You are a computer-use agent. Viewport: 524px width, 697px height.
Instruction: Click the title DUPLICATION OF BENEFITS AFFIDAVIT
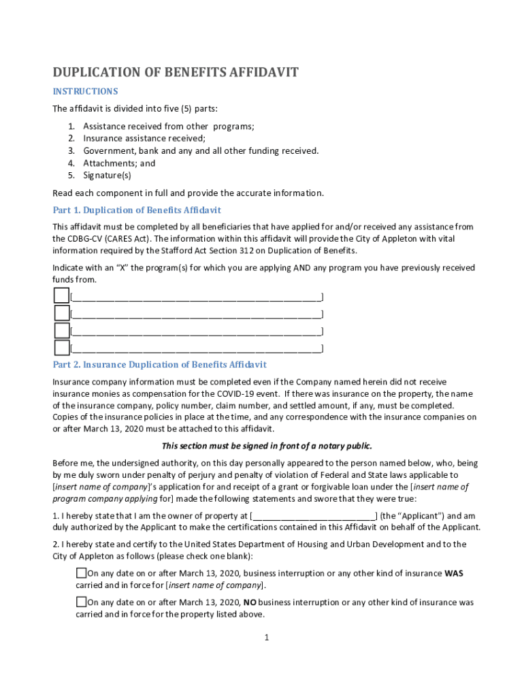tap(176, 72)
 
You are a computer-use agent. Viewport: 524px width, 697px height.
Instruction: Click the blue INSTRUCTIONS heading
tap(85, 91)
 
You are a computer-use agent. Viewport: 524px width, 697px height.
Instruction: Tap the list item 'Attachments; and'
tap(119, 163)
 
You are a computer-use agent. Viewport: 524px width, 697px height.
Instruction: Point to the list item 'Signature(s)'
tap(108, 175)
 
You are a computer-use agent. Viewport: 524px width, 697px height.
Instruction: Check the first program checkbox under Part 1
tap(61, 295)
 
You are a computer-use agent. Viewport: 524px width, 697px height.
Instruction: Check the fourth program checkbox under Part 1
tap(61, 348)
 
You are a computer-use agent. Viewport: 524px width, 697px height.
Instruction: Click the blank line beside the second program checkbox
tap(197, 314)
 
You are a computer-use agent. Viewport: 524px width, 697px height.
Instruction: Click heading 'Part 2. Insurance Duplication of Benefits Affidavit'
tap(160, 365)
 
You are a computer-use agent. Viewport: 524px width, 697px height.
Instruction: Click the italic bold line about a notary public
tap(266, 446)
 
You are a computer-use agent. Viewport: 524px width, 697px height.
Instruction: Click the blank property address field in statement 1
tap(314, 515)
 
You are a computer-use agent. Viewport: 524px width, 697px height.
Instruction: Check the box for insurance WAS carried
tap(81, 572)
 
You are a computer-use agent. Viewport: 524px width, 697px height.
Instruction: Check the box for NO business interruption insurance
tap(81, 602)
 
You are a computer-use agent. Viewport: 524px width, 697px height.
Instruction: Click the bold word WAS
tap(454, 573)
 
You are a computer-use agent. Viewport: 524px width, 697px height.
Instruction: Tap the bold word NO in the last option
tap(250, 602)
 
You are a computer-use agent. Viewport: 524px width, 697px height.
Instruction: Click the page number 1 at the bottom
tap(267, 637)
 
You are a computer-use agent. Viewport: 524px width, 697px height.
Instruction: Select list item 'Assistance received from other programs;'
tap(168, 126)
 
